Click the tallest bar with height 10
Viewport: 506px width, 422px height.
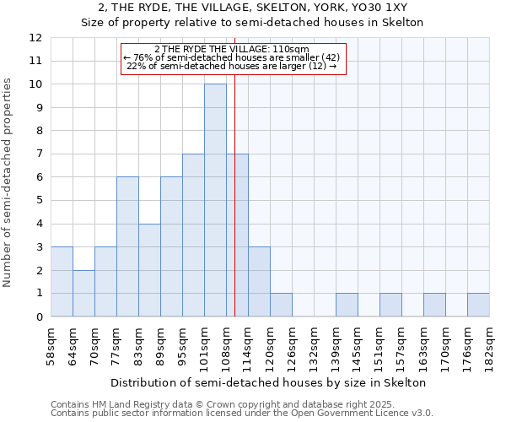pos(215,200)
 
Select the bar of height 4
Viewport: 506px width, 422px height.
pos(149,270)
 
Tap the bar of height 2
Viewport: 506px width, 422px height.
pos(83,293)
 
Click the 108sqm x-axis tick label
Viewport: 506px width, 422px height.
pos(227,344)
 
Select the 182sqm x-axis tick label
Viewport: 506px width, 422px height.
pos(490,344)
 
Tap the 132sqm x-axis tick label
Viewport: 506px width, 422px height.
pos(315,344)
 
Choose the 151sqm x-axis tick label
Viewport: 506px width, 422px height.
pos(380,344)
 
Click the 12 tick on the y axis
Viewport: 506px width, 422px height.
pos(35,38)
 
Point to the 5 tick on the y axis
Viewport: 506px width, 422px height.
pos(38,201)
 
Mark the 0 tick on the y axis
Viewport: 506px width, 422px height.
pos(38,317)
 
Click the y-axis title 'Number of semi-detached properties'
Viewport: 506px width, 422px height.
pos(8,181)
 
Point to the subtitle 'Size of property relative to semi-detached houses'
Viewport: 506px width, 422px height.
pos(252,23)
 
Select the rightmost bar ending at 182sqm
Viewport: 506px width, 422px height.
pos(478,305)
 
